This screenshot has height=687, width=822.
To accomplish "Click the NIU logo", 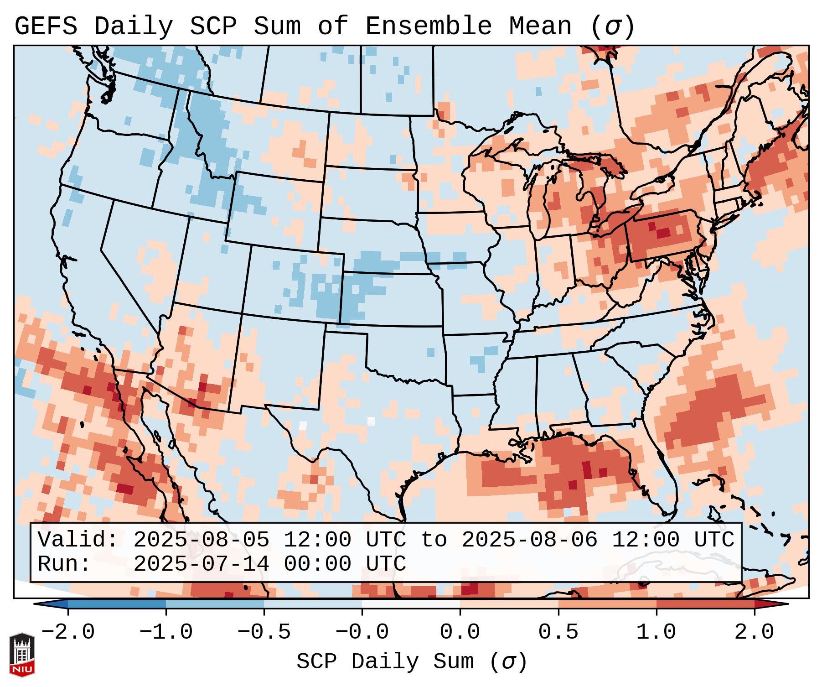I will click(22, 654).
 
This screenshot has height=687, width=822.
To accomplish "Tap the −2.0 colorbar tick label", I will click(68, 632).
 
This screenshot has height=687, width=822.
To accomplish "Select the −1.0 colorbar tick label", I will click(166, 632).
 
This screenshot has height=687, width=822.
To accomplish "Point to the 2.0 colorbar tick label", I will click(755, 632).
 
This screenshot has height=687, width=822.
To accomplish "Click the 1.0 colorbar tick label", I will click(657, 632).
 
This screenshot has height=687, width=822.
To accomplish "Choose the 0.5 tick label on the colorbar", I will click(558, 632).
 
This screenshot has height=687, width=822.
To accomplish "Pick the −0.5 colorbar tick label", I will click(264, 632).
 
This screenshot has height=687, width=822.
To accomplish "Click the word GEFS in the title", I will click(46, 26).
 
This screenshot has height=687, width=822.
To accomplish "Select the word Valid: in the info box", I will click(78, 540).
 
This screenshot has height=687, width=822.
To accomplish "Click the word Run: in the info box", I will click(64, 564).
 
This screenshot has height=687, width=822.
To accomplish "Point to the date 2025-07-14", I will click(201, 564).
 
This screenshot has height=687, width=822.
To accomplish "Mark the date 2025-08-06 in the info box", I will click(529, 540).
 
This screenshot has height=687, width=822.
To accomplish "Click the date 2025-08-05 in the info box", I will click(201, 540).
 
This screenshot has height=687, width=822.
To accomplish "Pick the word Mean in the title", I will click(540, 26).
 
